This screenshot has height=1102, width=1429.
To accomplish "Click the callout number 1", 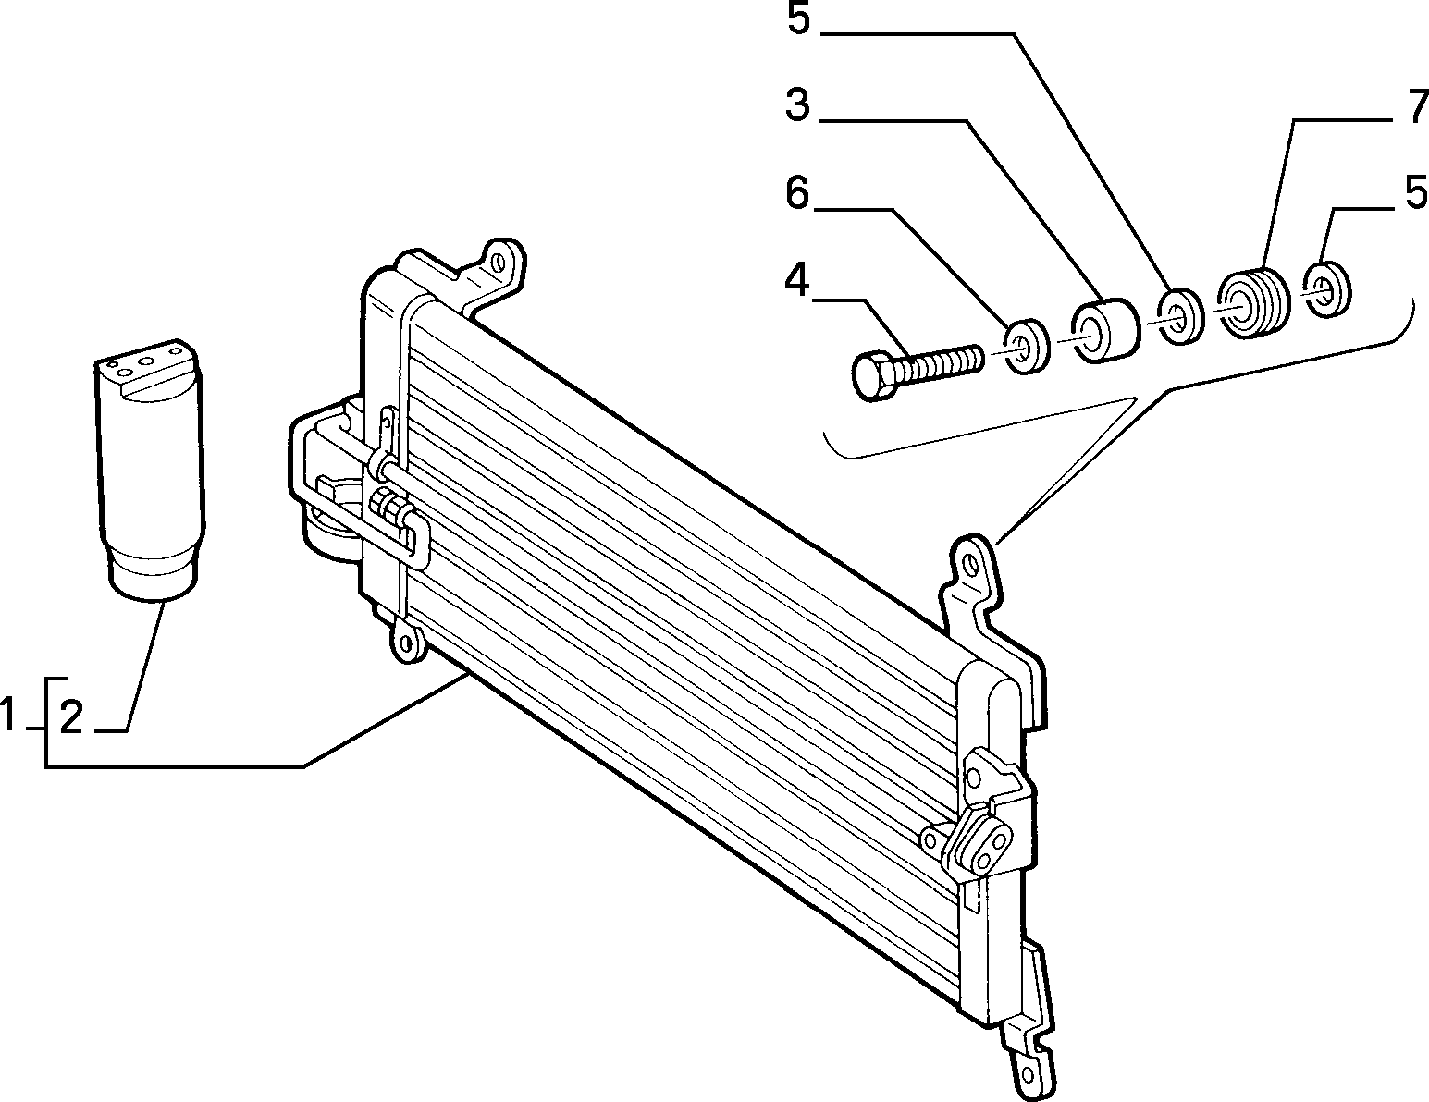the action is coord(8,716).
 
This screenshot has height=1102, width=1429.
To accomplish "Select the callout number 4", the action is coord(796,281).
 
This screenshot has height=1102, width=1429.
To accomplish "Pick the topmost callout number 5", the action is coord(798,18).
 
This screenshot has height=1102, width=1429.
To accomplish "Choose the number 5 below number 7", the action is coord(1416,192).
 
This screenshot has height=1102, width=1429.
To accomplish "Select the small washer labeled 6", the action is coord(1028,347).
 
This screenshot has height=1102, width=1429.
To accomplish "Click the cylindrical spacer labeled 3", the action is coord(1104,331).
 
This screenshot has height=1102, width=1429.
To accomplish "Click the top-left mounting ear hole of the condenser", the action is coord(499,263).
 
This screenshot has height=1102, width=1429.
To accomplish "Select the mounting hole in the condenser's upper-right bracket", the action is coord(968,563).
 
